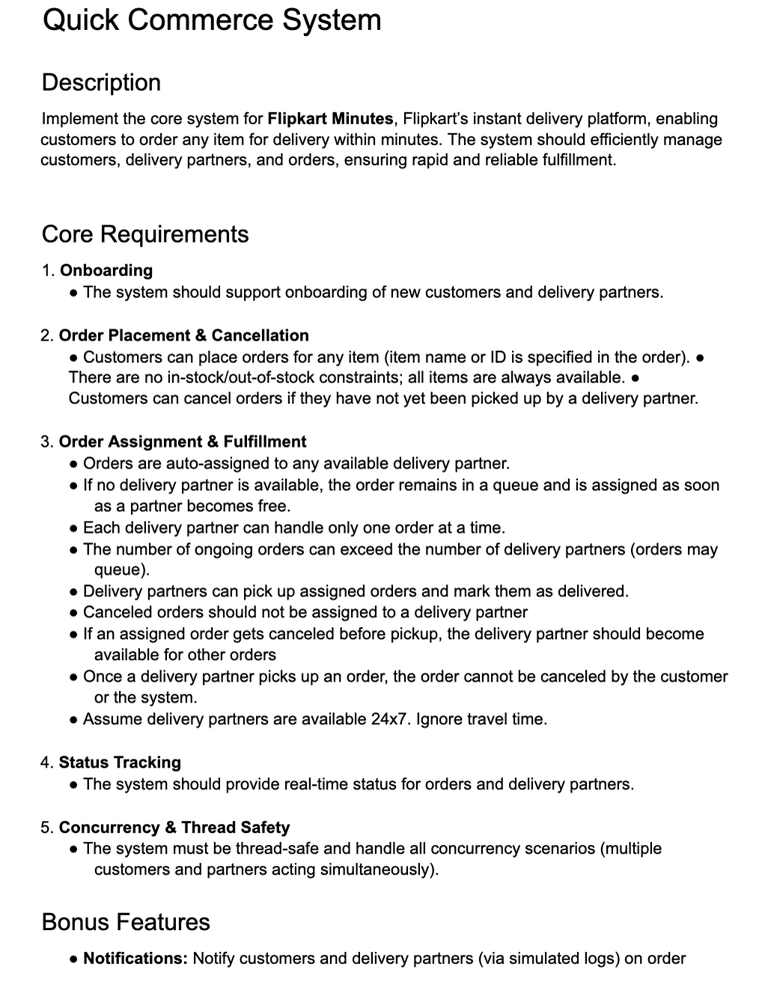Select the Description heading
pyautogui.click(x=101, y=83)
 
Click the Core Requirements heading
pyautogui.click(x=145, y=235)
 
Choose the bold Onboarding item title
pyautogui.click(x=106, y=271)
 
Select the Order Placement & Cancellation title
pyautogui.click(x=184, y=336)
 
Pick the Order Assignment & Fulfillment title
pyautogui.click(x=183, y=442)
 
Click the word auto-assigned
pyautogui.click(x=205, y=464)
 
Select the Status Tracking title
pyautogui.click(x=120, y=762)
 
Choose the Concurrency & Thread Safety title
pyautogui.click(x=174, y=827)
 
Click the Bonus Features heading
pyautogui.click(x=126, y=922)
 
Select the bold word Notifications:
pyautogui.click(x=135, y=959)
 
